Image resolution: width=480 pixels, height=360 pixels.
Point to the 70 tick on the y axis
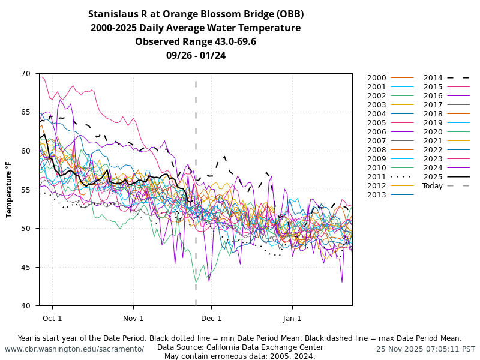[x=25, y=74]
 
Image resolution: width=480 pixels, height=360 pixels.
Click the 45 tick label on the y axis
[x=25, y=268]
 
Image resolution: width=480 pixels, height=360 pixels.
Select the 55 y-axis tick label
[x=25, y=190]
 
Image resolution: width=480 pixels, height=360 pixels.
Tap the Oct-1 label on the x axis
[x=52, y=318]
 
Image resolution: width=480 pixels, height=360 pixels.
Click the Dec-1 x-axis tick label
[x=211, y=318]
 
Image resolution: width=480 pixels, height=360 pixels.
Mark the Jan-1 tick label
[x=292, y=318]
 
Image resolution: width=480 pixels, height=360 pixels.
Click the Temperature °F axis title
[x=10, y=190]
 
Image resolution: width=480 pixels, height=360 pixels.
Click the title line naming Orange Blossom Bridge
[x=196, y=14]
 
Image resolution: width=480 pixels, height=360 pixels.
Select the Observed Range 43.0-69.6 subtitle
[x=196, y=41]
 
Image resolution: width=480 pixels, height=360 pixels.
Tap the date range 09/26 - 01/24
[x=196, y=55]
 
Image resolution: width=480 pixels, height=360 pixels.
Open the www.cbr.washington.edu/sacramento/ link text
[x=74, y=349]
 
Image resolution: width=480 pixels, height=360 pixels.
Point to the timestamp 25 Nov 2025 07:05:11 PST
[x=425, y=349]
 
